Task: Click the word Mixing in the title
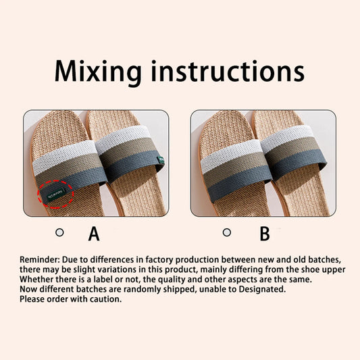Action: click(99, 71)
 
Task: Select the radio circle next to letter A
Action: click(59, 232)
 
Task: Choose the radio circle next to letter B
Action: click(227, 232)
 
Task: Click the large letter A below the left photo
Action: click(94, 234)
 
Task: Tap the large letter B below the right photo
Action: click(264, 234)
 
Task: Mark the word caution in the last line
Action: click(104, 298)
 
